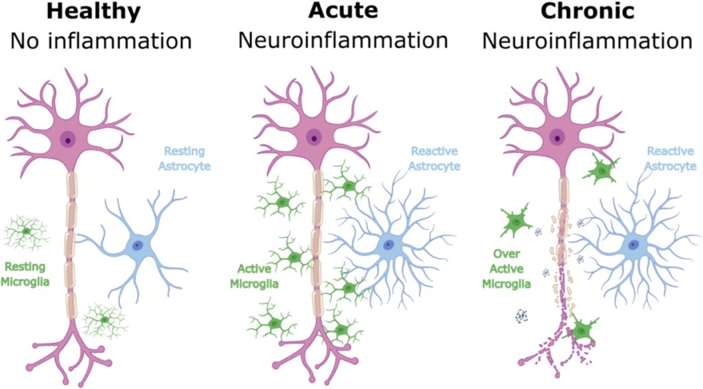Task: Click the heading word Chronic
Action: click(586, 12)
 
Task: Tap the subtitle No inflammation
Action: click(100, 40)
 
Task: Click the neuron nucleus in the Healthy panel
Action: click(68, 139)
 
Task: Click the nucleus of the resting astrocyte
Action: click(138, 245)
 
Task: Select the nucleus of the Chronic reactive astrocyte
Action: click(633, 245)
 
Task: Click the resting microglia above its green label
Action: click(26, 232)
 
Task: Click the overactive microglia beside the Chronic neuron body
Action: click(599, 169)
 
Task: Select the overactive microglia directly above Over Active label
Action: click(516, 222)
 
